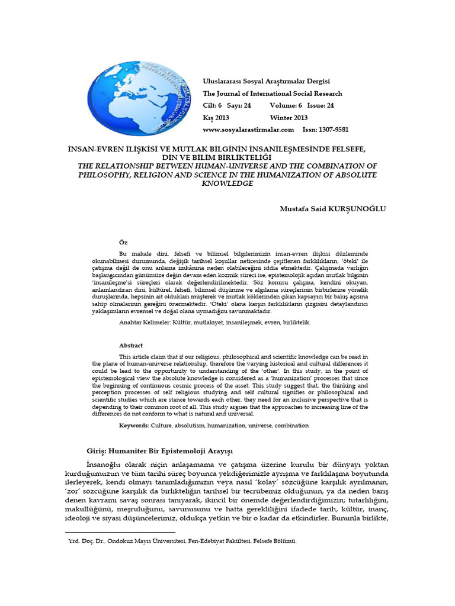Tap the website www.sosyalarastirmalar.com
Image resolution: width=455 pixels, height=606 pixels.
click(x=249, y=129)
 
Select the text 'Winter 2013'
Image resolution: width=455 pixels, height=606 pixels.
click(x=289, y=117)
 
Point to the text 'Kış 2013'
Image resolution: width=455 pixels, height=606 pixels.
click(x=216, y=117)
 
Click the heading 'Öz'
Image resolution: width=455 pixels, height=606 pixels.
click(x=123, y=243)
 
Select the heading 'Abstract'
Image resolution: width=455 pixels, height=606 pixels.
click(x=131, y=345)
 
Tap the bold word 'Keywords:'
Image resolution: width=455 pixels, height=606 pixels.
click(x=134, y=426)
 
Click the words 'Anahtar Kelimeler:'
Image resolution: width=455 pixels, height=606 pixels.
click(x=146, y=323)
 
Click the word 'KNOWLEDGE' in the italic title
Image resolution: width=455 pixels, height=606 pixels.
click(x=227, y=183)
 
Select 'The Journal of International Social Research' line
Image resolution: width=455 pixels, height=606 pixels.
click(x=273, y=94)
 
